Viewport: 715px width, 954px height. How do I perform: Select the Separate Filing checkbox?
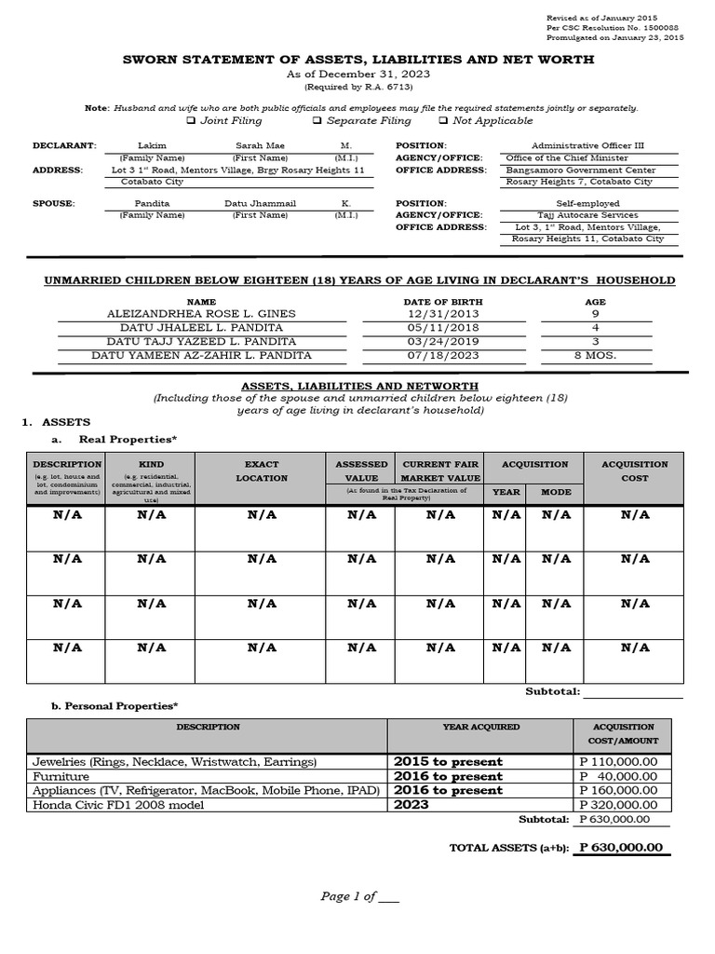tap(317, 121)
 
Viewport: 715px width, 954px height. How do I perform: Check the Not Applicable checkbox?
tap(443, 121)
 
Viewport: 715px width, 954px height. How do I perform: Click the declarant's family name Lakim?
tap(151, 146)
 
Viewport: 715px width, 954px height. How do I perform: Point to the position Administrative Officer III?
tap(587, 146)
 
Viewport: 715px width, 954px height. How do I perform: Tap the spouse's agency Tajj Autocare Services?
tap(587, 214)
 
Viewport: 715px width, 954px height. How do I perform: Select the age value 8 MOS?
tap(596, 355)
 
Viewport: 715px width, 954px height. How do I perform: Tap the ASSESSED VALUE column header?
tap(361, 470)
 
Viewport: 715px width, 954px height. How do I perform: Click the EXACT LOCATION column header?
tap(262, 470)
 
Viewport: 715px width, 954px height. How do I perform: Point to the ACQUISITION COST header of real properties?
tap(634, 470)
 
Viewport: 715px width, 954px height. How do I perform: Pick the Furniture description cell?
tap(61, 776)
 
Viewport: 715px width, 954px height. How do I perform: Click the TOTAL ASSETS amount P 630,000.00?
tap(621, 848)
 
